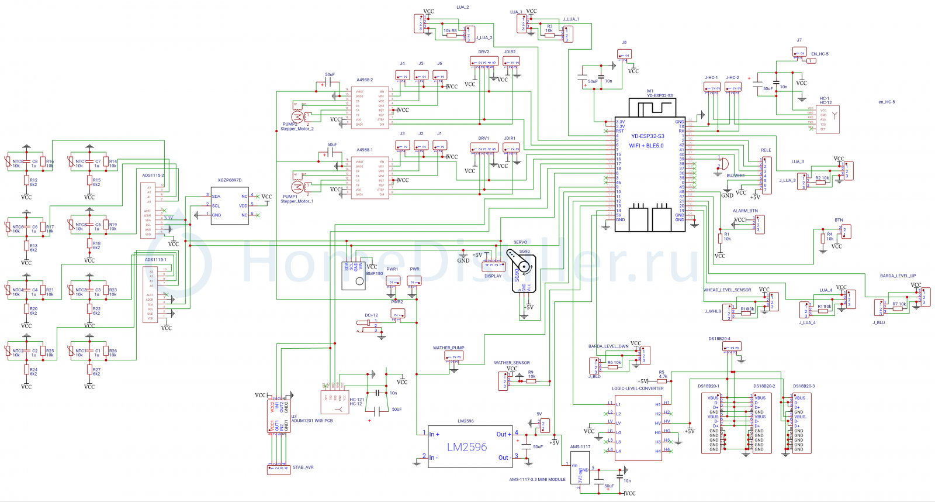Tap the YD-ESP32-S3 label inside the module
click(x=647, y=136)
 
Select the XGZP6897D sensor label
click(x=229, y=180)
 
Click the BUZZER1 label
click(x=736, y=176)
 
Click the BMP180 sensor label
click(x=375, y=274)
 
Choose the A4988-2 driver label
click(x=365, y=80)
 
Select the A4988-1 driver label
click(x=365, y=150)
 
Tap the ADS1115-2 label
click(x=153, y=176)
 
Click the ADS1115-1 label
click(x=155, y=260)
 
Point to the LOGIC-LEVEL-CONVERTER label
click(x=638, y=388)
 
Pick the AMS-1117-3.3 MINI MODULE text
click(x=537, y=480)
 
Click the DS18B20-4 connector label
click(x=719, y=339)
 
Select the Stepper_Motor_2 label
click(x=297, y=129)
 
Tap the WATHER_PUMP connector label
click(x=448, y=348)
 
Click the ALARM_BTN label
click(x=745, y=211)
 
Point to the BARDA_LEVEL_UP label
click(x=898, y=276)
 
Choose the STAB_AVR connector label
click(x=303, y=467)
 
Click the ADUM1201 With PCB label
click(x=312, y=421)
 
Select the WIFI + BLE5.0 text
click(x=646, y=146)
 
